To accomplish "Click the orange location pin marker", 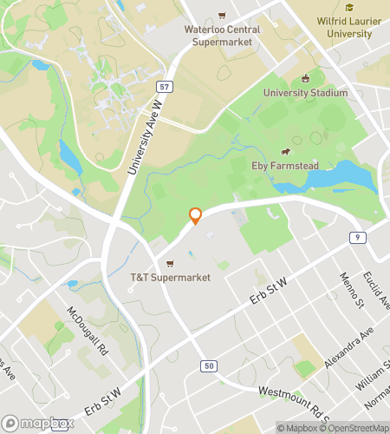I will (195, 216).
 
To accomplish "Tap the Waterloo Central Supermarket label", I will (222, 35).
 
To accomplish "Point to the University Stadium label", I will (306, 93).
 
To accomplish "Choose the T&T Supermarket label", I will (171, 278).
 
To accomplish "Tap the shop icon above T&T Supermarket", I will (171, 264).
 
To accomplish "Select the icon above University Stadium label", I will (305, 79).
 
